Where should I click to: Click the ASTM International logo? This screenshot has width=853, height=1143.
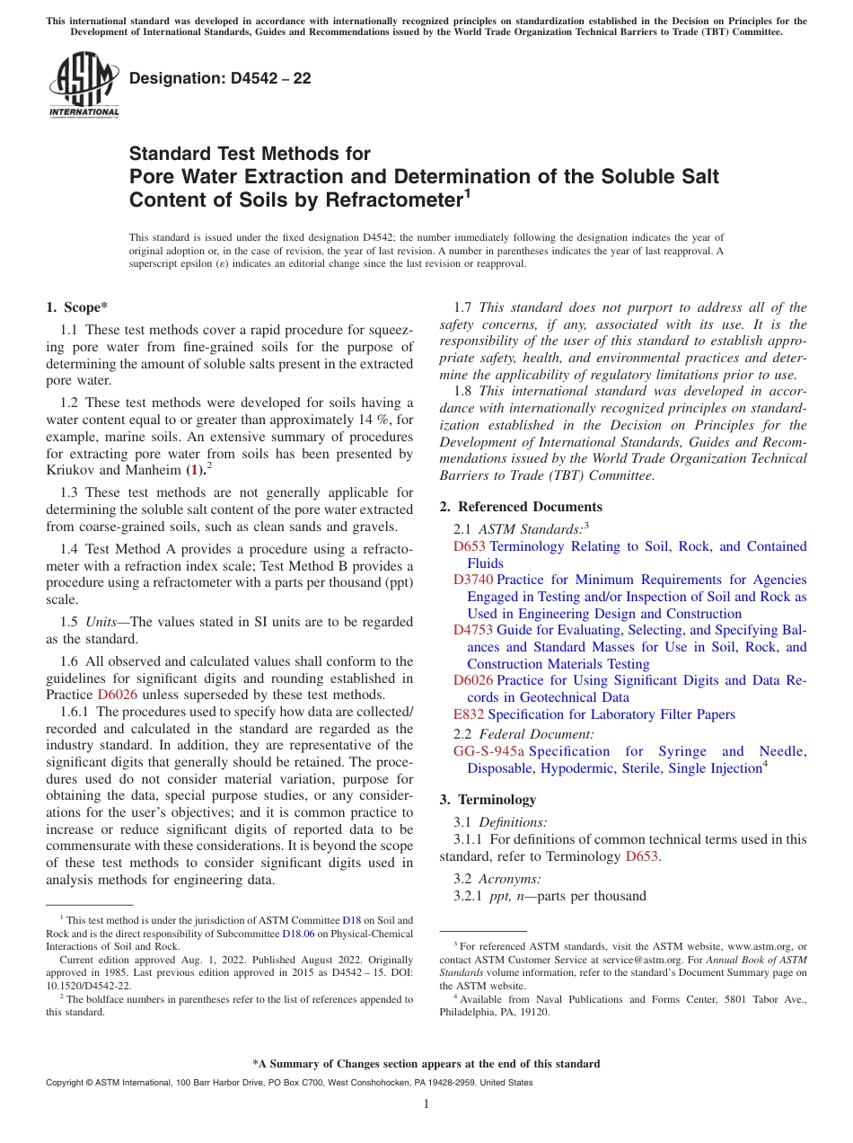[x=83, y=84]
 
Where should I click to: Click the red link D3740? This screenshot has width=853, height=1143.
[x=473, y=580]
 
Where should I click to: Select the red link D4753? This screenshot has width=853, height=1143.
[x=473, y=630]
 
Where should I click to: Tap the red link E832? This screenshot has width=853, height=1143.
[x=469, y=714]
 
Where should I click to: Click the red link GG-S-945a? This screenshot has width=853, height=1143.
[x=488, y=751]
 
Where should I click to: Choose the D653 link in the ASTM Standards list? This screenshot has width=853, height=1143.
[x=469, y=546]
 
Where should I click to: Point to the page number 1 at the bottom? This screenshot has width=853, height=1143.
[x=426, y=1103]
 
